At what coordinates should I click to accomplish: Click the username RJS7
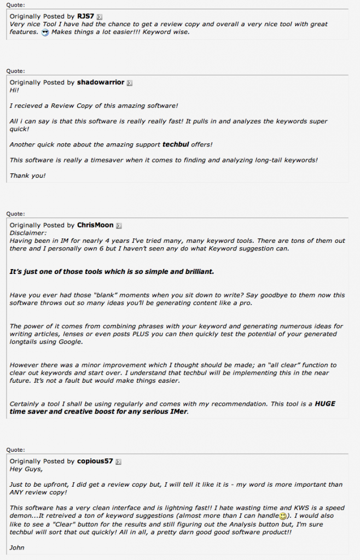pos(86,17)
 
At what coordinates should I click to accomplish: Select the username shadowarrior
pos(101,83)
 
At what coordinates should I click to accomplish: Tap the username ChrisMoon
pos(95,225)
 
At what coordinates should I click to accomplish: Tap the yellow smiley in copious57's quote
pos(283,516)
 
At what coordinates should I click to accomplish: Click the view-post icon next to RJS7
pos(99,17)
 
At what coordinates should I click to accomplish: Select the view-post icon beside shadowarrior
pos(129,83)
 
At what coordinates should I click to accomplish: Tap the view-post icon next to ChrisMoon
pos(118,225)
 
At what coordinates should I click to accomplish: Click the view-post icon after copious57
pos(118,462)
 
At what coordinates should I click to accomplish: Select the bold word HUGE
pos(325,404)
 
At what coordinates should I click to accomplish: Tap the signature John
pos(17,547)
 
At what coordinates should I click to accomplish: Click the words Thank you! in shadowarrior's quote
pos(27,176)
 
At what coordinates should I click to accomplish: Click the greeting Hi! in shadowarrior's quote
pos(14,90)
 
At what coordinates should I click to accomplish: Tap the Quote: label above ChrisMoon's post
pos(15,213)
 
